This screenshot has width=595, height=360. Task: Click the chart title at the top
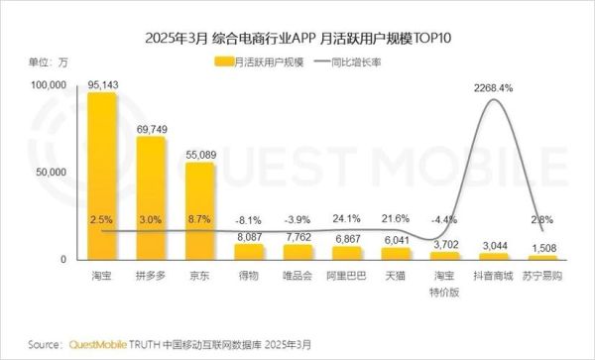pyautogui.click(x=297, y=39)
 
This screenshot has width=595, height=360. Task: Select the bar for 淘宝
pyautogui.click(x=101, y=179)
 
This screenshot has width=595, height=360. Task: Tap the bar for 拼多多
pyautogui.click(x=151, y=198)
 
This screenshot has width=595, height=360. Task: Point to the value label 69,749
pyautogui.click(x=151, y=129)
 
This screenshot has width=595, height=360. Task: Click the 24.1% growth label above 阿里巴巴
pyautogui.click(x=346, y=217)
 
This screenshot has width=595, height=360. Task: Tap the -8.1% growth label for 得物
pyautogui.click(x=248, y=220)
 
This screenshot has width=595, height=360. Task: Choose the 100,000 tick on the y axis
pyautogui.click(x=45, y=85)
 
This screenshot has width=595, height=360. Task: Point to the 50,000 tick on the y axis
pyautogui.click(x=48, y=173)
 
